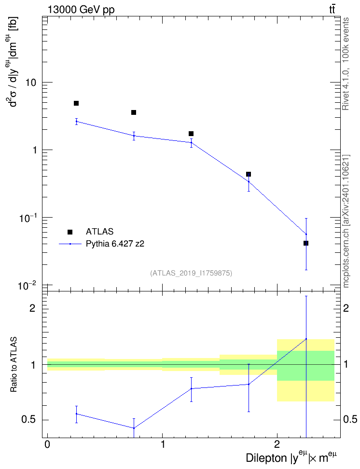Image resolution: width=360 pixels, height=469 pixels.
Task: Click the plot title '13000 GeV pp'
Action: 81,10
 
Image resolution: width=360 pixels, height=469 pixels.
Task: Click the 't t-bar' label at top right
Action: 332,10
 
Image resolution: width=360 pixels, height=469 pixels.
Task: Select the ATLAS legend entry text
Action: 99,232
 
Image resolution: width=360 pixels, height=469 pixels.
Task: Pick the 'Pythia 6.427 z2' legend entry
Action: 115,244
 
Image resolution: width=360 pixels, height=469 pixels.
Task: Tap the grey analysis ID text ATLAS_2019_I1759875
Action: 191,273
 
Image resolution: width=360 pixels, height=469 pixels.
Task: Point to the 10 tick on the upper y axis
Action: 30,82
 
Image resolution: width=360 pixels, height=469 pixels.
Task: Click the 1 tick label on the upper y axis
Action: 33,150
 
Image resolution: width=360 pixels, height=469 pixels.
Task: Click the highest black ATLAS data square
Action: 76,103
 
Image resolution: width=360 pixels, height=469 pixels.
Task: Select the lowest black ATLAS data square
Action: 306,243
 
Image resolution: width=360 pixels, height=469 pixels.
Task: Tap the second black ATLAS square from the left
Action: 134,112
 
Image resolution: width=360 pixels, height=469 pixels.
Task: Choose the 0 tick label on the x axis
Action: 47,444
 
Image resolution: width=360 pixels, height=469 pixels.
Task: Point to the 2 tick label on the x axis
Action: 277,444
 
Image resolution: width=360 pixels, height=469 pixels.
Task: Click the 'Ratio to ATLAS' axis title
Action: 14,364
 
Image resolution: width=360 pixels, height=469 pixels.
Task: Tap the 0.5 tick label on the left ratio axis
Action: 29,420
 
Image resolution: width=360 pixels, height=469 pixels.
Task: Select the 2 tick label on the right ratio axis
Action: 346,308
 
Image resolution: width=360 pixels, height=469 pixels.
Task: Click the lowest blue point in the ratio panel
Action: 134,428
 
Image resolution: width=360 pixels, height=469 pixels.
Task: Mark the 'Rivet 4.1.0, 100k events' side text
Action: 346,64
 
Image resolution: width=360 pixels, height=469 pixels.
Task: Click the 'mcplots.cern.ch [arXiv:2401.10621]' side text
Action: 346,221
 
